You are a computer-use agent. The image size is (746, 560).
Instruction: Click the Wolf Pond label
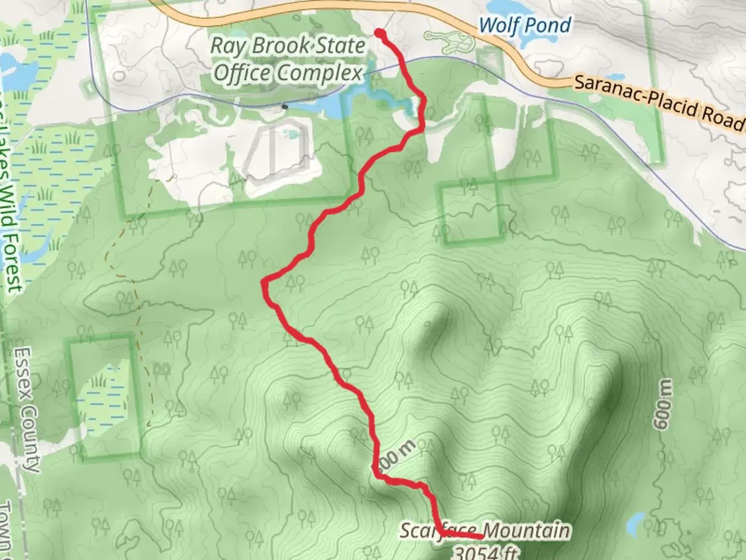[x=525, y=25]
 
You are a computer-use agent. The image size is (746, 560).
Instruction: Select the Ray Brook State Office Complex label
[x=288, y=59]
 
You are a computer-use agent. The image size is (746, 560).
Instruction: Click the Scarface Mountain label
[x=484, y=531]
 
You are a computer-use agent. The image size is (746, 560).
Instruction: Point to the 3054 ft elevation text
[x=485, y=553]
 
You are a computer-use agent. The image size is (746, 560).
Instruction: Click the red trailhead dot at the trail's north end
[x=380, y=34]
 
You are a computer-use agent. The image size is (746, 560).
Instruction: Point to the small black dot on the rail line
[x=284, y=107]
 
